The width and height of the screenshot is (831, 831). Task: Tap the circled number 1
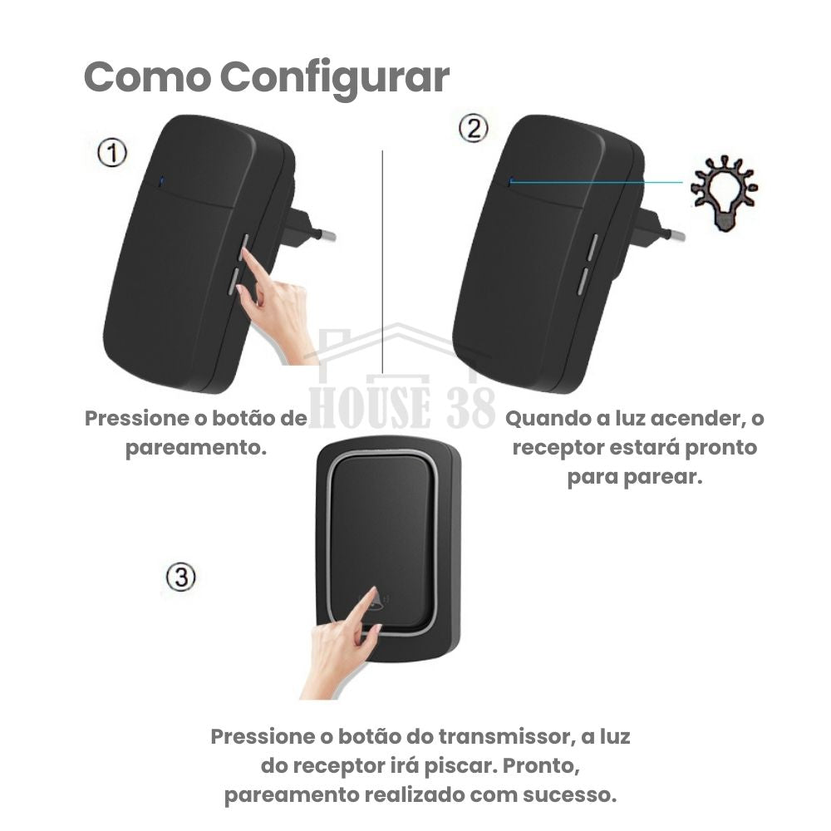112,153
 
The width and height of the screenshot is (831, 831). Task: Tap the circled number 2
473,129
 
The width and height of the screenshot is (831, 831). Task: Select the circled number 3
181,577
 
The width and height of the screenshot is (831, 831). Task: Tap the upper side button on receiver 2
593,247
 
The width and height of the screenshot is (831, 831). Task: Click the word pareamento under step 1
196,448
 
